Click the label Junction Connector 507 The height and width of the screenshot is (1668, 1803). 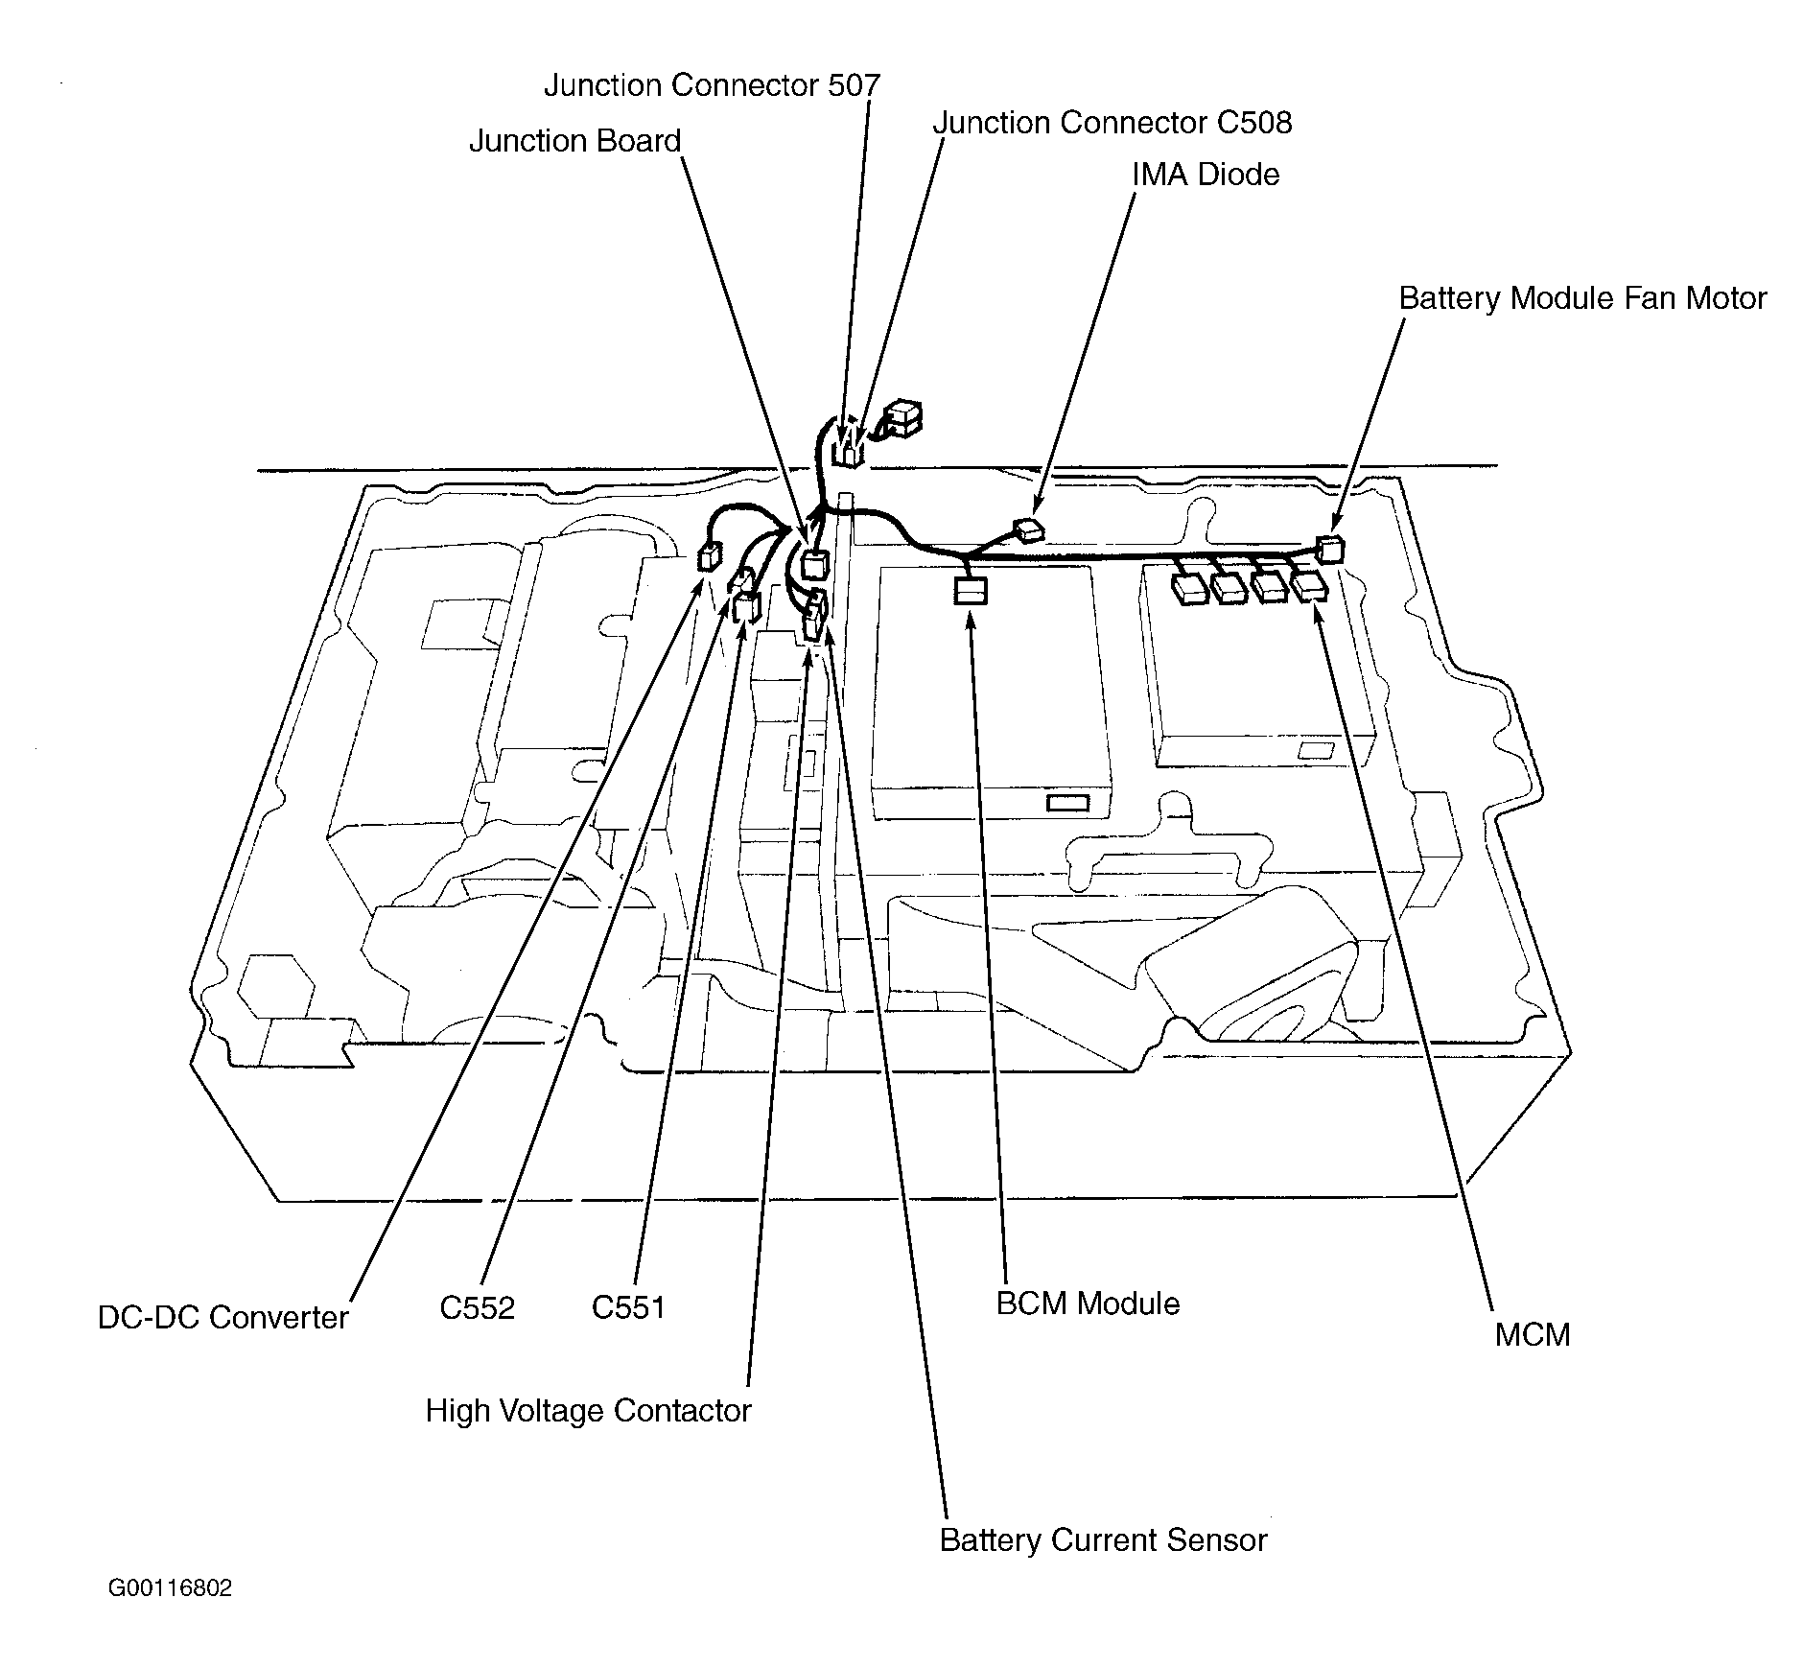712,85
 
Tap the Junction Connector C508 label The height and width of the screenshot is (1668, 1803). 1112,123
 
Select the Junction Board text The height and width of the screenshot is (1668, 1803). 574,141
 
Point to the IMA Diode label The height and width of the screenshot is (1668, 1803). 1206,175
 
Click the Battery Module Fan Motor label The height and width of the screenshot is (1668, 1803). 1581,298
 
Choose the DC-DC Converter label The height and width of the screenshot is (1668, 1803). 222,1317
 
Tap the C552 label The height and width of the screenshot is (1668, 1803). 477,1307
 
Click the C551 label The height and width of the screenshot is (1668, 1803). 628,1307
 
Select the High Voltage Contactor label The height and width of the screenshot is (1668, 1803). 588,1410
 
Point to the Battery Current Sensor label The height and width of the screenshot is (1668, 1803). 1103,1539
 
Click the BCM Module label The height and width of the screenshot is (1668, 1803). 1088,1304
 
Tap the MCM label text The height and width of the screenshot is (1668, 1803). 1532,1334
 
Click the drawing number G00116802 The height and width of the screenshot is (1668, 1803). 170,1588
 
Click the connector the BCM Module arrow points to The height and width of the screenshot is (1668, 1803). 970,590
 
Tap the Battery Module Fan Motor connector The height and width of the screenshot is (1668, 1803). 1330,550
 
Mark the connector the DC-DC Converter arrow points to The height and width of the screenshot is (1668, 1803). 709,556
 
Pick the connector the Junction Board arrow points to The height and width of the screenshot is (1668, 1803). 814,564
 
